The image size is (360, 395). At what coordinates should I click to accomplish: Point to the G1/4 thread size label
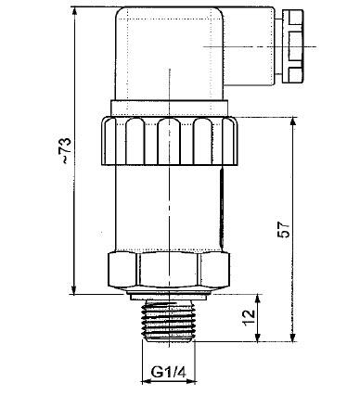click(x=168, y=375)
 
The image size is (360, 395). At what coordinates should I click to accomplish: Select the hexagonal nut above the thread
click(x=168, y=270)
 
